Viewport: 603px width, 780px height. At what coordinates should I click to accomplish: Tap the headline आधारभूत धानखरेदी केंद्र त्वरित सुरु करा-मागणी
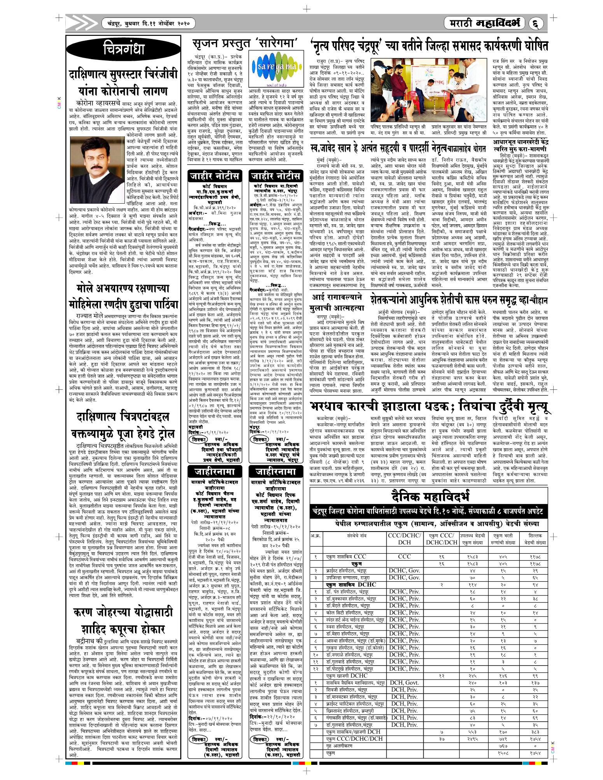pos(520,146)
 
